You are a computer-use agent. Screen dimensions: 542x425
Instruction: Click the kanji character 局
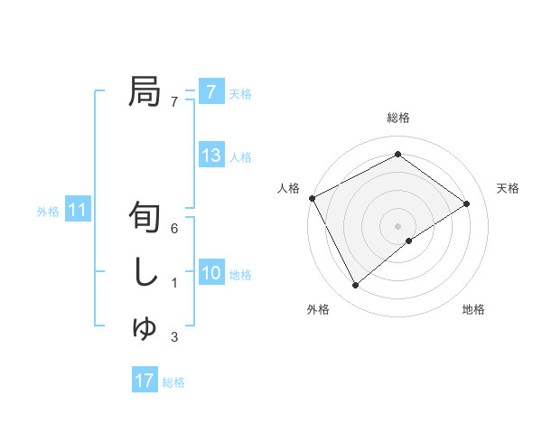point(145,92)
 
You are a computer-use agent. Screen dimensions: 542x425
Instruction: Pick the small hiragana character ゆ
point(145,327)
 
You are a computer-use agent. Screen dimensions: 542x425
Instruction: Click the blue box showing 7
point(211,91)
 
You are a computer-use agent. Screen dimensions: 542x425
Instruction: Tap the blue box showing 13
point(211,155)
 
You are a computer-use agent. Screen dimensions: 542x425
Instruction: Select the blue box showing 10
point(211,272)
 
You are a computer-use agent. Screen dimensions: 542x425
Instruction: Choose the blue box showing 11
point(78,211)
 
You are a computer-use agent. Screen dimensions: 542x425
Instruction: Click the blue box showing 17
point(145,381)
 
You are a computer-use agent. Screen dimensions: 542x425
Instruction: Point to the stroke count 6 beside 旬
point(174,228)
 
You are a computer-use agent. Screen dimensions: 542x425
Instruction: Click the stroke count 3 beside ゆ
point(174,338)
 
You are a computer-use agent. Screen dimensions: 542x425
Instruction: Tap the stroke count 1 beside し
point(174,283)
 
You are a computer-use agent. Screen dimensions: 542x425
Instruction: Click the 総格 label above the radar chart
point(398,118)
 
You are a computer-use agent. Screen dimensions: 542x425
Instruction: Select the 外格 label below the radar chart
point(318,310)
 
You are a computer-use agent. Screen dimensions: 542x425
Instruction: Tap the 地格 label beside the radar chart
point(473,310)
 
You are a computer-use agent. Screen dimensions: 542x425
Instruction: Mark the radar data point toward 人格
point(312,197)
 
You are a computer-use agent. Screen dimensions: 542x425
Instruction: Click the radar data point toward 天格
point(467,203)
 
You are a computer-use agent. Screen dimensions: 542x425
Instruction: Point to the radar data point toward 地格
point(409,241)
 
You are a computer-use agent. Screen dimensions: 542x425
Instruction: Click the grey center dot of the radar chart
point(397,224)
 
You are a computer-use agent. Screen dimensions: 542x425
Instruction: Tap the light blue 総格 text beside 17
point(173,382)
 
